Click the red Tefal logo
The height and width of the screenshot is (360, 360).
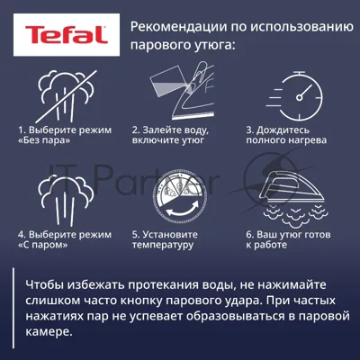(67, 34)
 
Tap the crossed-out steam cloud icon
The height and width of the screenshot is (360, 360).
(67, 96)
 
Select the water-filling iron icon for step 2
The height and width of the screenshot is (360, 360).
(182, 91)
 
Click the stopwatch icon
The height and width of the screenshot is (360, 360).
(295, 96)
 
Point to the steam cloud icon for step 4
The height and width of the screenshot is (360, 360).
(67, 201)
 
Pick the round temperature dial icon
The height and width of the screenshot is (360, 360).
(180, 196)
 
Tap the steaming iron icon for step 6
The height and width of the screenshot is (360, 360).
(294, 199)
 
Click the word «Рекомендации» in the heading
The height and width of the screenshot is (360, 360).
(179, 27)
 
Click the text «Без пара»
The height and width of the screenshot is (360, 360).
(44, 140)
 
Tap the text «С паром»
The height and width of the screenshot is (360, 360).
(43, 245)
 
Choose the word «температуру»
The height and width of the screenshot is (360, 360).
(163, 245)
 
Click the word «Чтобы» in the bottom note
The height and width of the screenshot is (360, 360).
(45, 284)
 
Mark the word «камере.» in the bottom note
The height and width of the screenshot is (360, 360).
(49, 332)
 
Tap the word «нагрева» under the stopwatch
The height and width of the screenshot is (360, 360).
(308, 140)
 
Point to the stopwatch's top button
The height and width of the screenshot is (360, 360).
(299, 73)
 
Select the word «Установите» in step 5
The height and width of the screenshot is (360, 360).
(170, 235)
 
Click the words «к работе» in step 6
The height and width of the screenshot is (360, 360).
(266, 245)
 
